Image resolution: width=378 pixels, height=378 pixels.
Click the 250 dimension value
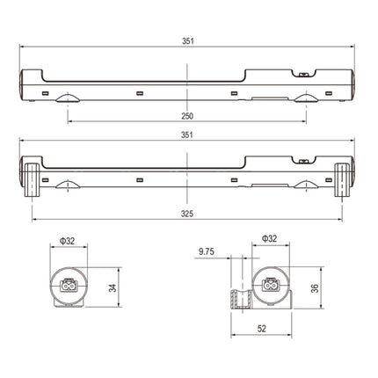[187, 116]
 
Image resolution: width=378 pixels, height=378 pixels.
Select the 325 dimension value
[187, 214]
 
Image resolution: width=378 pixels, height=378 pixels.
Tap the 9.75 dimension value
[207, 251]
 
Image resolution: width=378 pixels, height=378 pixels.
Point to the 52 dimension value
[262, 329]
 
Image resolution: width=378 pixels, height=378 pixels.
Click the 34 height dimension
[113, 288]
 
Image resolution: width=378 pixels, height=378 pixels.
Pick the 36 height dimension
[315, 288]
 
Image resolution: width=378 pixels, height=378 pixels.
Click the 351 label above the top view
[188, 41]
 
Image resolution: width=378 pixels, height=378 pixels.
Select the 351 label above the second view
[187, 135]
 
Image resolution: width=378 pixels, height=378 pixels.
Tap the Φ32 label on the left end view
[68, 241]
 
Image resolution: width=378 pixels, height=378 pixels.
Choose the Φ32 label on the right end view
[269, 238]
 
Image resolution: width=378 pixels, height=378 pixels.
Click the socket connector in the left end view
[69, 285]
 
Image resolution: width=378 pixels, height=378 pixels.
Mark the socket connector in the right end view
[271, 285]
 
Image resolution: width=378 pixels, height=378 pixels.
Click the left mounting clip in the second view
[32, 180]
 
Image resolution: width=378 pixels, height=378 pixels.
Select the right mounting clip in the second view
[342, 180]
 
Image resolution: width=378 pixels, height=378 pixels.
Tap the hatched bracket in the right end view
[242, 299]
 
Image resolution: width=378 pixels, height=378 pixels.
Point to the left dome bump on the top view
[68, 98]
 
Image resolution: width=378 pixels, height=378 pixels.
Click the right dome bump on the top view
[306, 98]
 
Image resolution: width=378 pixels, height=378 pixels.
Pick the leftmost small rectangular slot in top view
[45, 93]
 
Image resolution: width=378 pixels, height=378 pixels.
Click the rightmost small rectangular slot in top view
[329, 93]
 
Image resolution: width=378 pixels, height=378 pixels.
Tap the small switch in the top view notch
[303, 75]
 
